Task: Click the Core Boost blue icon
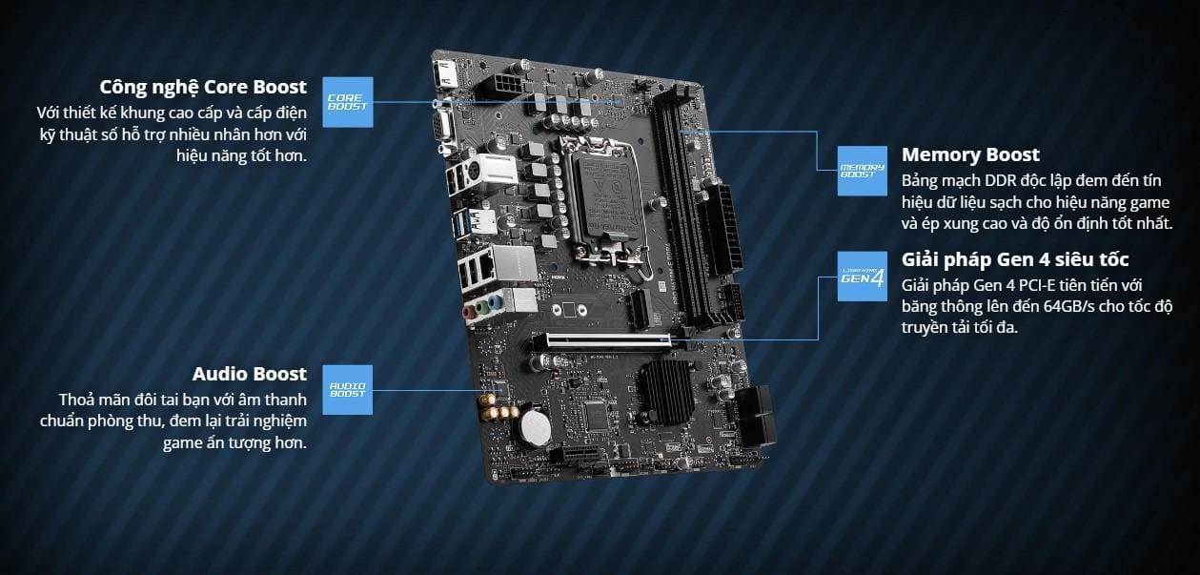click(347, 101)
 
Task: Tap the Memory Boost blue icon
click(862, 171)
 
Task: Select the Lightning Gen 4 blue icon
click(862, 277)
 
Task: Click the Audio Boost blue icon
click(347, 389)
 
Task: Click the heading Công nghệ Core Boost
click(203, 87)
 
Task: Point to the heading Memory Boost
click(970, 154)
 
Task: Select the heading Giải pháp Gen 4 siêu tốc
click(1015, 259)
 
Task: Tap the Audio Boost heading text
click(249, 374)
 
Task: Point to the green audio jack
click(483, 308)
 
